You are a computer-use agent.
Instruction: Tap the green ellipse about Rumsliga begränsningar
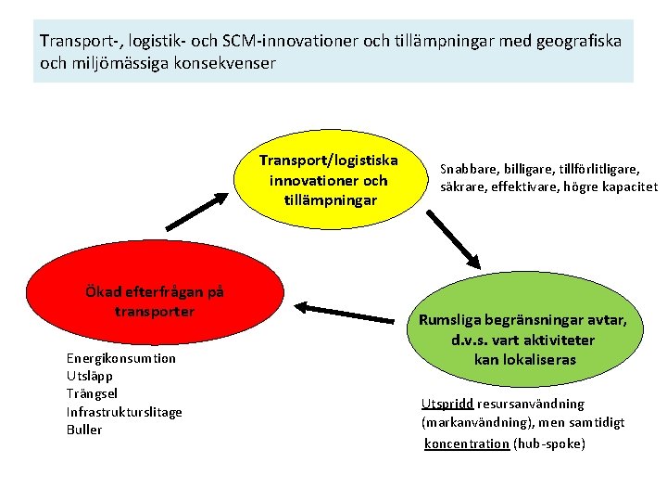pyautogui.click(x=524, y=339)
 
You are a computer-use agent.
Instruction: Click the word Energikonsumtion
pyautogui.click(x=121, y=358)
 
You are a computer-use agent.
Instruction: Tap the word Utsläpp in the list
pyautogui.click(x=90, y=376)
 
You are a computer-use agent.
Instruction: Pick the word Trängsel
pyautogui.click(x=93, y=393)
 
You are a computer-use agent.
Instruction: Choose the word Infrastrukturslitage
pyautogui.click(x=124, y=412)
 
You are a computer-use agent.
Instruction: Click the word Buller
pyautogui.click(x=84, y=430)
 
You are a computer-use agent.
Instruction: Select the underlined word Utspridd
pyautogui.click(x=447, y=404)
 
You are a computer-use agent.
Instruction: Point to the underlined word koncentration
pyautogui.click(x=467, y=443)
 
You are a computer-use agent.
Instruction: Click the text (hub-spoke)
pyautogui.click(x=549, y=443)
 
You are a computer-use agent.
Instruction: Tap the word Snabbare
pyautogui.click(x=469, y=169)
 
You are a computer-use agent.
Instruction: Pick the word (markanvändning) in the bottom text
pyautogui.click(x=472, y=422)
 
